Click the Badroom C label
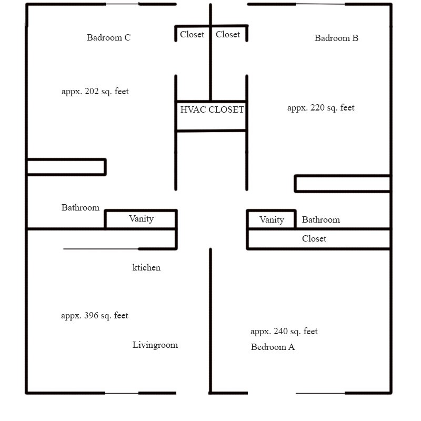point(109,37)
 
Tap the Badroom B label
point(336,38)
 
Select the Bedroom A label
point(273,347)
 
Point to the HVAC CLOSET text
point(212,109)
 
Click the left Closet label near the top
point(192,34)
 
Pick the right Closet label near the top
point(228,34)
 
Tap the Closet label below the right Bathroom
point(314,238)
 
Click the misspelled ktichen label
point(146,267)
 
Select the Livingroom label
point(155,345)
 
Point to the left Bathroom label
point(81,207)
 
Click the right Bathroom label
point(321,219)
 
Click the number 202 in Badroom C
point(92,91)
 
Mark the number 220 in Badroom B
point(318,108)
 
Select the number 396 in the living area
point(91,315)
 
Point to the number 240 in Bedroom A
point(281,331)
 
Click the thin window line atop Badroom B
point(320,4)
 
